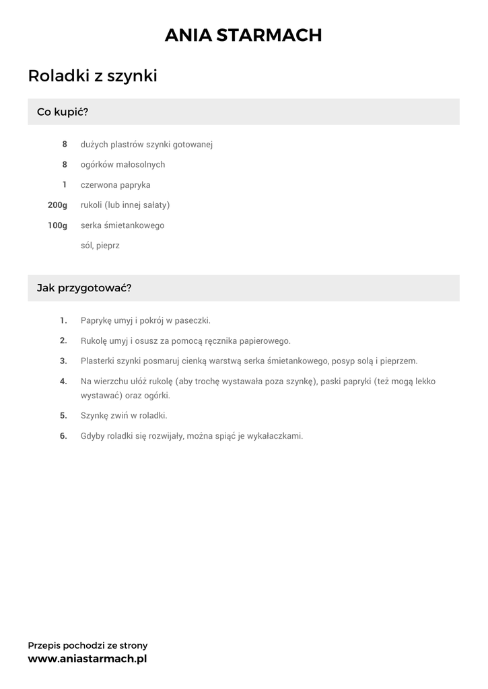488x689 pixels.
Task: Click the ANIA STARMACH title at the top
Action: (244, 36)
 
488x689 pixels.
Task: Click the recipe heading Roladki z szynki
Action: (92, 76)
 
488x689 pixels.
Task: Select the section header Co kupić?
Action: (63, 112)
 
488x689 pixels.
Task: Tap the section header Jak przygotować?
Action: (84, 288)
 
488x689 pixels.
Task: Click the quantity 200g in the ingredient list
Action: (57, 205)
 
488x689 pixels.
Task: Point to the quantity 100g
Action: (57, 225)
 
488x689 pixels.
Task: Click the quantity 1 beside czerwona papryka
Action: (65, 185)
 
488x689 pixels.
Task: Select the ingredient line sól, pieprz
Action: (100, 246)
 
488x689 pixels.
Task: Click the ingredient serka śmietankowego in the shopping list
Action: (122, 225)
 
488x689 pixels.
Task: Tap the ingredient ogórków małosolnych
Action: (123, 165)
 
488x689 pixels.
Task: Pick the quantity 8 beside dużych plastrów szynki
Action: (65, 145)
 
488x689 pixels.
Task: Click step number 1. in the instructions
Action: (63, 320)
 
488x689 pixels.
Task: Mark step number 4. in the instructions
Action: (63, 382)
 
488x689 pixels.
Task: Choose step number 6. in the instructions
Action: (63, 436)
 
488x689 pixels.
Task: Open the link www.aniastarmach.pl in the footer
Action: (87, 659)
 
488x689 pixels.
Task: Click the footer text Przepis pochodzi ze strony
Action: (88, 645)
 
